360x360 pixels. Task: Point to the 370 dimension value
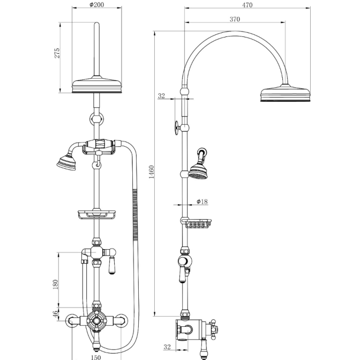point(235,19)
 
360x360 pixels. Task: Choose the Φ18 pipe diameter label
point(201,202)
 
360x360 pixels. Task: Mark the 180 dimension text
point(56,284)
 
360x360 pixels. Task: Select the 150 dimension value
point(95,356)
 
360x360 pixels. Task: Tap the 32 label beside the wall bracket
point(161,96)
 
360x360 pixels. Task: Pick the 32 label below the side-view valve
point(167,347)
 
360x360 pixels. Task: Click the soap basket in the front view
point(96,214)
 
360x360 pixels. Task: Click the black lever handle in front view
point(114,266)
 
